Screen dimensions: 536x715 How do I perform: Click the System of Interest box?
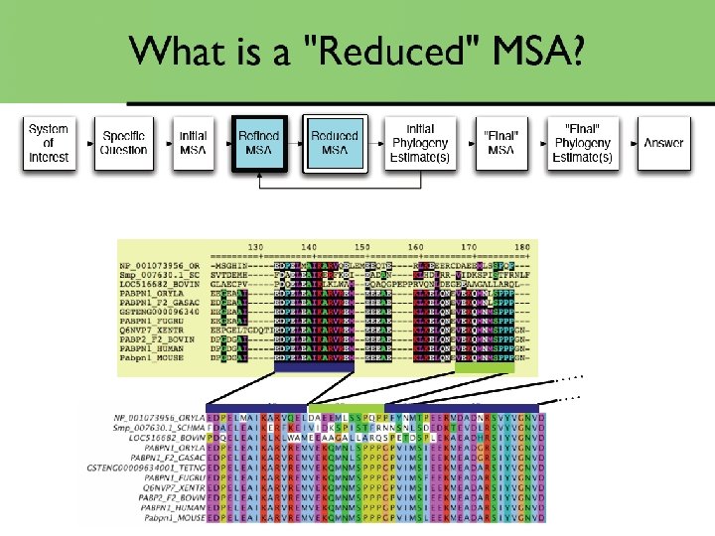(49, 144)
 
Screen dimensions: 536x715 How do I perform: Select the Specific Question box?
(123, 144)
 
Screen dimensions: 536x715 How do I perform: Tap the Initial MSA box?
(194, 144)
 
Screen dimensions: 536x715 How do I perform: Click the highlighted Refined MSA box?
(260, 144)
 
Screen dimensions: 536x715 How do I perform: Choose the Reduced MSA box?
(335, 144)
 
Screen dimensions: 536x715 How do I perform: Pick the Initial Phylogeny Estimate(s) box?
(419, 144)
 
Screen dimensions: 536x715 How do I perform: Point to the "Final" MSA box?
(500, 144)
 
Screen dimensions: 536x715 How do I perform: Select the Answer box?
(662, 144)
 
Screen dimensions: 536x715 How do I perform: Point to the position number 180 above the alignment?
(521, 247)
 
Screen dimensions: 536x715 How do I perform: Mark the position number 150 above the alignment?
(362, 247)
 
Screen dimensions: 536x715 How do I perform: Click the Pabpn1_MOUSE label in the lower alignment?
(170, 517)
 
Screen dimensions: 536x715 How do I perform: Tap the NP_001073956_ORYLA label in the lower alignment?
(159, 416)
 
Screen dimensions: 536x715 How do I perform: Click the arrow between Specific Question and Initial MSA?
(163, 145)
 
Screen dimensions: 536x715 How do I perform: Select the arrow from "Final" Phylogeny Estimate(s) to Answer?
(628, 145)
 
